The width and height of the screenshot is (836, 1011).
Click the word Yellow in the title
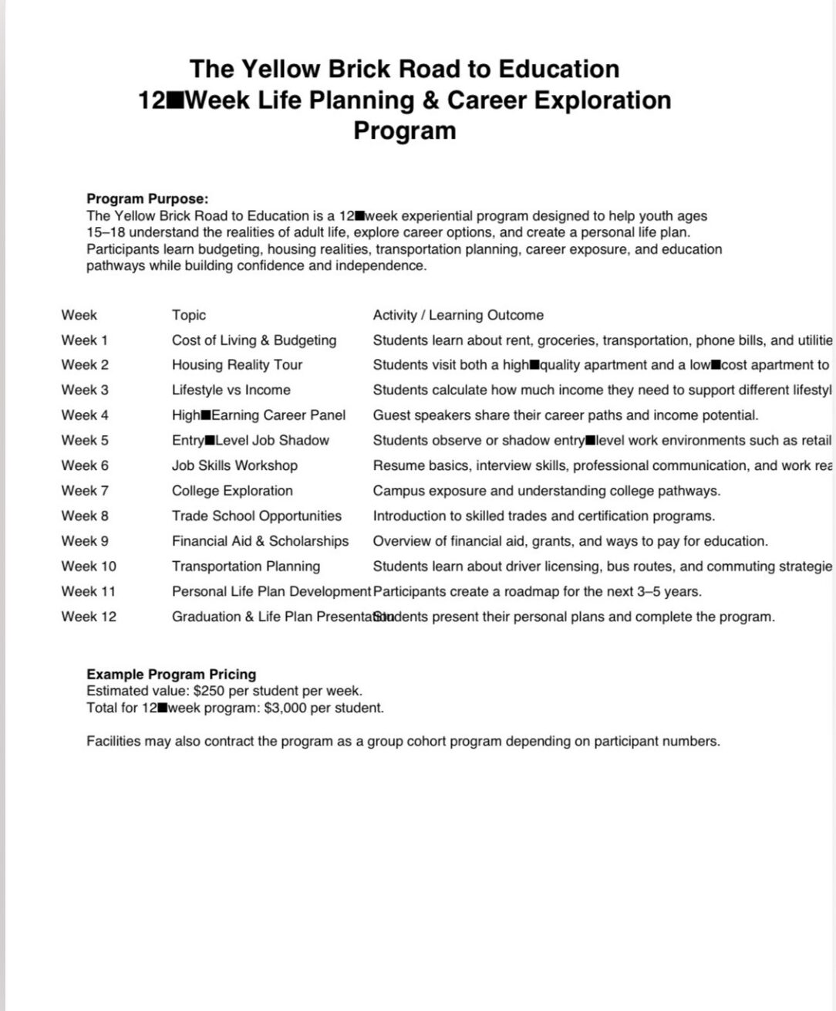[x=281, y=69]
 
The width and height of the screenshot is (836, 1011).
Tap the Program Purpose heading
[x=147, y=199]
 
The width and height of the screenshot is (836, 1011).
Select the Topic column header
[x=189, y=315]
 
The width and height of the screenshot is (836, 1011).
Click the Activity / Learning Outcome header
[x=458, y=315]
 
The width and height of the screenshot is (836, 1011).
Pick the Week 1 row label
[x=85, y=340]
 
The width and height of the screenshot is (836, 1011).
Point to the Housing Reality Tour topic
[x=237, y=365]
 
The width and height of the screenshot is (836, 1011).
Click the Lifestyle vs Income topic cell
[x=231, y=391]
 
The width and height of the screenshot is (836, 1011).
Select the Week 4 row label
[x=85, y=415]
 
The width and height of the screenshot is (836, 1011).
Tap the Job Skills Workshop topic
[x=234, y=465]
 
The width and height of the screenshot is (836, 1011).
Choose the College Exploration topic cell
[x=232, y=491]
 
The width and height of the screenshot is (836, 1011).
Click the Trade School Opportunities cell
[x=257, y=516]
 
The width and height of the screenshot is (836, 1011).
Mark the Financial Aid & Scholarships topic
[x=260, y=541]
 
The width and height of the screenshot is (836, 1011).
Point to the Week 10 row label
[x=89, y=566]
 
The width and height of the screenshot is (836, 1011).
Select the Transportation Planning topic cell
[x=246, y=566]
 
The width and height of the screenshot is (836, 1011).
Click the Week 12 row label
[x=89, y=617]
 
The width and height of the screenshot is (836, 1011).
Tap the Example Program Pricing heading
[x=171, y=674]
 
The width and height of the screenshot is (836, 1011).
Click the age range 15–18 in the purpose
[x=106, y=232]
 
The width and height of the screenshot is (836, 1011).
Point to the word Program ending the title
[x=405, y=130]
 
